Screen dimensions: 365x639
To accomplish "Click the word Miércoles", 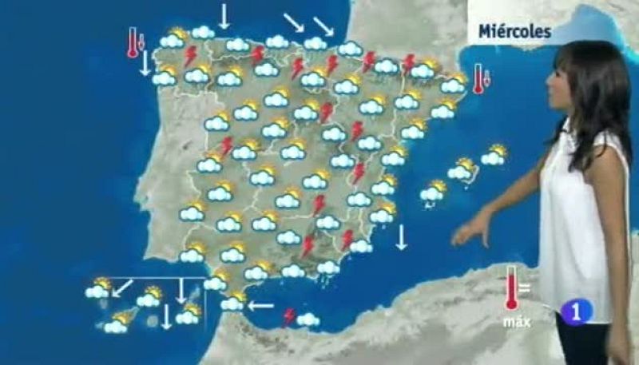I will [x=514, y=31].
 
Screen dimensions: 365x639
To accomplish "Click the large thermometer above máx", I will [x=510, y=289].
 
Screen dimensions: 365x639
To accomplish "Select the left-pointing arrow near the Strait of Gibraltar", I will [x=260, y=304].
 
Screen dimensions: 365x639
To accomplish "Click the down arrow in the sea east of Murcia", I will [x=401, y=237].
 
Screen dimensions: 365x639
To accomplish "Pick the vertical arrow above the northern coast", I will [x=224, y=14].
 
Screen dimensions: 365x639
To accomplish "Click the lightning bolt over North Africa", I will [x=289, y=316].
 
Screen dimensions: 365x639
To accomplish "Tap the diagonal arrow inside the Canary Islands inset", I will [x=122, y=288].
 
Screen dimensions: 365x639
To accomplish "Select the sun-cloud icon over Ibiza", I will [x=434, y=190].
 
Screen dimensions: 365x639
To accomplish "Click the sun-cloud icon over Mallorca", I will [x=462, y=169].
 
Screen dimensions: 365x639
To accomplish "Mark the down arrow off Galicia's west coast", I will [x=145, y=63].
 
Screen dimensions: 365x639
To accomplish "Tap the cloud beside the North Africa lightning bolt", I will [x=308, y=319].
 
